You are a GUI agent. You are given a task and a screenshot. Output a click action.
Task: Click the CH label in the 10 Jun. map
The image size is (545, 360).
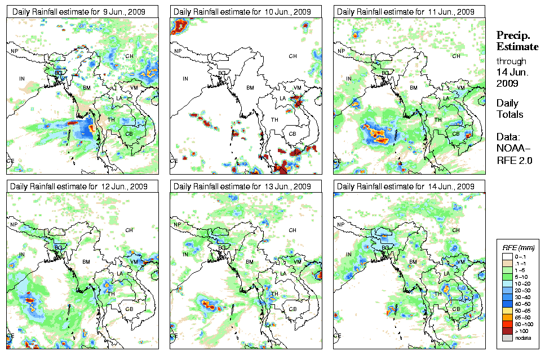[x=293, y=56]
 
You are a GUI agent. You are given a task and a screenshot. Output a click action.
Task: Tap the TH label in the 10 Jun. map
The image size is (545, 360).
[x=274, y=119]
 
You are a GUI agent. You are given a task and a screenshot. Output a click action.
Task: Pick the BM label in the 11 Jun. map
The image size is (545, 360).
[x=414, y=88]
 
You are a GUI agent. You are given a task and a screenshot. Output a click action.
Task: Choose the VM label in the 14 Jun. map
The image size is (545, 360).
[x=460, y=262]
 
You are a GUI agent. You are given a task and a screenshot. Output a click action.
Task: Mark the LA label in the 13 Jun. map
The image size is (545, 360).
[x=283, y=273]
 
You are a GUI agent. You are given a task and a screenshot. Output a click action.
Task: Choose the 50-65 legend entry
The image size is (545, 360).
[x=519, y=310]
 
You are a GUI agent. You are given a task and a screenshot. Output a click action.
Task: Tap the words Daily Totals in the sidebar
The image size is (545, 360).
[x=509, y=109]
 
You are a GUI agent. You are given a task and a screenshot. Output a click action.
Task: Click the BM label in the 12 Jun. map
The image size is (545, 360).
[x=87, y=262]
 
